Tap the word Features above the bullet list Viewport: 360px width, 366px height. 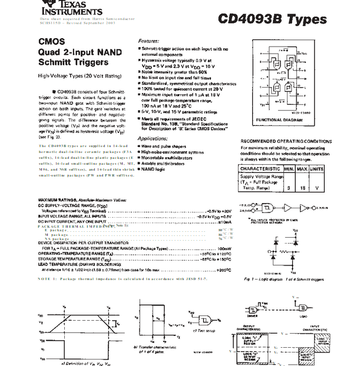click(148, 41)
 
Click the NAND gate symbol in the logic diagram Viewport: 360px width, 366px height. click(268, 208)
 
